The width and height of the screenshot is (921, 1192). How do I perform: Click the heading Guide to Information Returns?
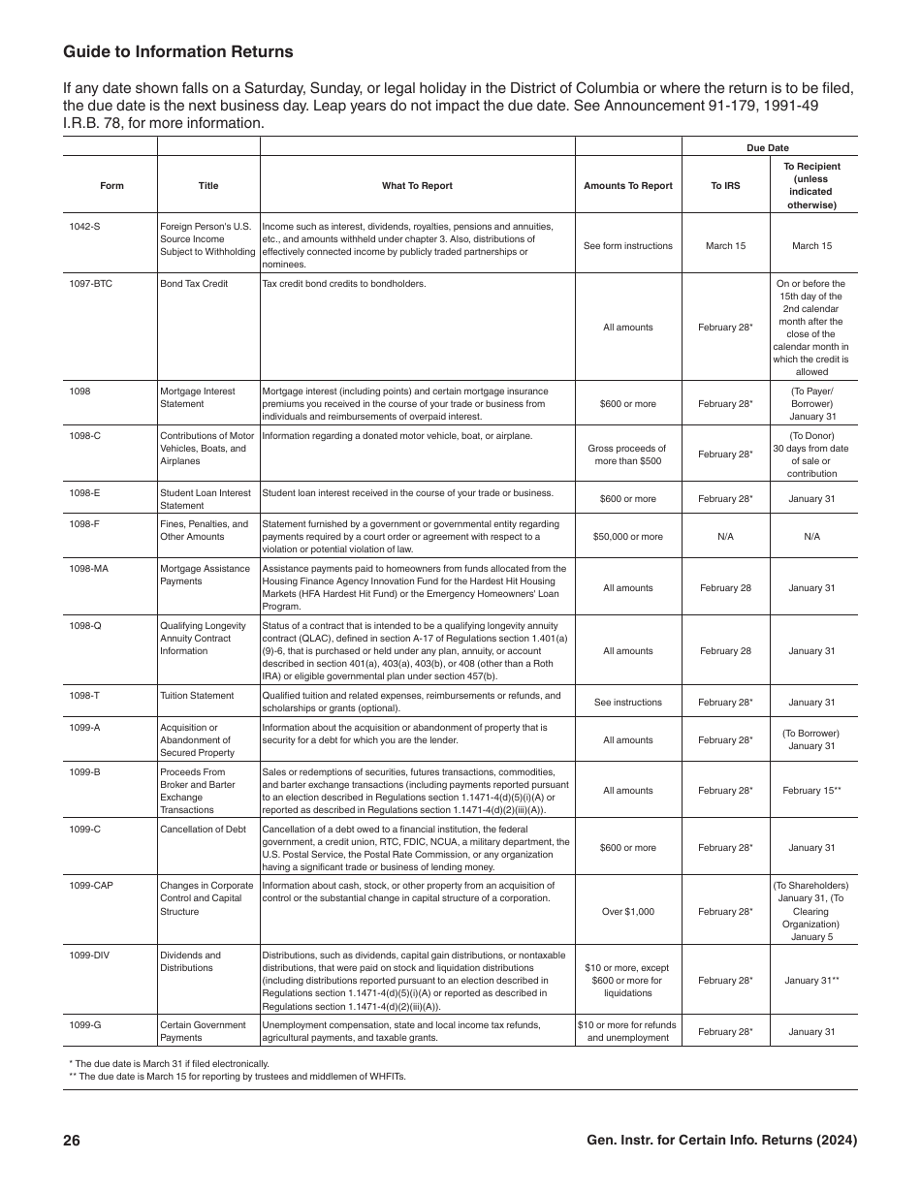pyautogui.click(x=177, y=51)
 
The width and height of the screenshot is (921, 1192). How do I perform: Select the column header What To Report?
pyautogui.click(x=417, y=185)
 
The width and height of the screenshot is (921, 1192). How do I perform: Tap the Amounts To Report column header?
pyautogui.click(x=628, y=185)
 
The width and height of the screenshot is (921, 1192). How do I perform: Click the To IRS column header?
pyautogui.click(x=725, y=185)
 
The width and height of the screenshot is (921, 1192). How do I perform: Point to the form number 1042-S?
pyautogui.click(x=84, y=226)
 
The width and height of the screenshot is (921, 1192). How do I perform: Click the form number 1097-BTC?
pyautogui.click(x=91, y=284)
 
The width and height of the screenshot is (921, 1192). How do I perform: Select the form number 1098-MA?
pyautogui.click(x=88, y=569)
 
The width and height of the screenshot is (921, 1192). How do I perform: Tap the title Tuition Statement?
pyautogui.click(x=197, y=696)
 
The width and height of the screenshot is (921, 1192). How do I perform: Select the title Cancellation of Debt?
pyautogui.click(x=203, y=830)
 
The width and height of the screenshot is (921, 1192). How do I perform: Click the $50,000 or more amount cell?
pyautogui.click(x=628, y=537)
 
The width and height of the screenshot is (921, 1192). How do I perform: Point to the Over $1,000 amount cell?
pyautogui.click(x=628, y=912)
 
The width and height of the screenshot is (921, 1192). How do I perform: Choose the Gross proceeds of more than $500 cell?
pyautogui.click(x=628, y=455)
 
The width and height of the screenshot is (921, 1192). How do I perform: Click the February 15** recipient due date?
pyautogui.click(x=812, y=791)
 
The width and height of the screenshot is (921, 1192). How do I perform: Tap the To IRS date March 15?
pyautogui.click(x=725, y=246)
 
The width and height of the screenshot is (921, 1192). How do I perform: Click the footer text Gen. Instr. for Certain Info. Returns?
pyautogui.click(x=721, y=1141)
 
